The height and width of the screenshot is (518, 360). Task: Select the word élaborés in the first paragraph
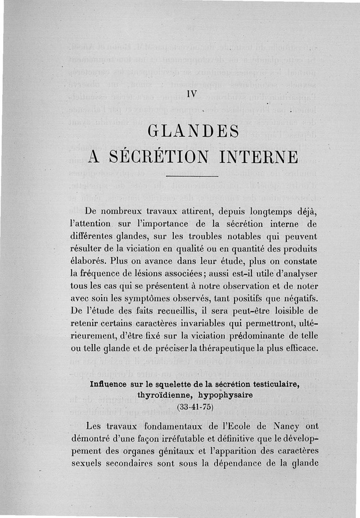[89, 261]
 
